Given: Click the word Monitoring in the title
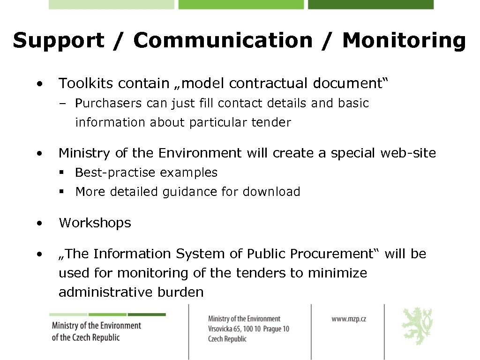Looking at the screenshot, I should click(404, 41).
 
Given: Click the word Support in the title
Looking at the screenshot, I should click(59, 41).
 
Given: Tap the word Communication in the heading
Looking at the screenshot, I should click(223, 41).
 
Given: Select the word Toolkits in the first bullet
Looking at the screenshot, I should click(86, 83).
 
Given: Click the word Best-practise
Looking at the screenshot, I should click(115, 172).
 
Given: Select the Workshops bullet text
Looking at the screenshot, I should click(95, 223).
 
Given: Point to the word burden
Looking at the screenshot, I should click(181, 292).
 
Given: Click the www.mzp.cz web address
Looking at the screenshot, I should click(349, 319).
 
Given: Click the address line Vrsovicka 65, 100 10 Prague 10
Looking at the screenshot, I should click(248, 329).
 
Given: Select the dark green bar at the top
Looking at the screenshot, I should click(370, 4).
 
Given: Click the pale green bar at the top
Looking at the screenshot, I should click(111, 4).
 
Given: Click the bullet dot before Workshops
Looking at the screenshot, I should click(41, 223).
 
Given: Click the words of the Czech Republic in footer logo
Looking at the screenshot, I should click(86, 337).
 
